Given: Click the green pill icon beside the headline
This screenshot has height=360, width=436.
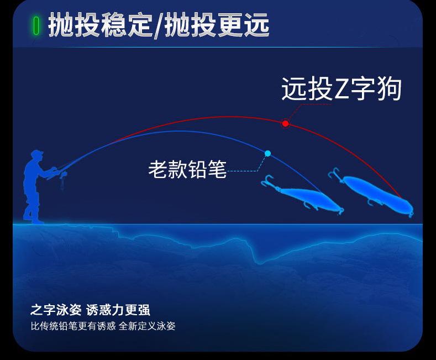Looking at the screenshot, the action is tap(36, 25).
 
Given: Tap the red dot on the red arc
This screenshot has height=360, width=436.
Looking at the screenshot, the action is tap(285, 123).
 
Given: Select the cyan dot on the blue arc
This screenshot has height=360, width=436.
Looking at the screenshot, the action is tap(268, 153).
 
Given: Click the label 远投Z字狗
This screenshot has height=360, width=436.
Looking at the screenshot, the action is tap(342, 88).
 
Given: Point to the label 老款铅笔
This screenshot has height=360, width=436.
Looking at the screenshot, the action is tap(187, 169).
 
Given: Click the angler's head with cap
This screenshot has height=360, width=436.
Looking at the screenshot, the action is tap(37, 155).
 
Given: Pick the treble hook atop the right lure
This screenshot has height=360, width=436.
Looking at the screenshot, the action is tap(335, 174).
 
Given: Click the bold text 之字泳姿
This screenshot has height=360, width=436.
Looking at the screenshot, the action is tap(56, 310).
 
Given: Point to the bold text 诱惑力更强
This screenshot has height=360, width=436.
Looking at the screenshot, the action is tap(118, 310).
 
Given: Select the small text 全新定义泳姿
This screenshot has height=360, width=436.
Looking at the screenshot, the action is tap(147, 326).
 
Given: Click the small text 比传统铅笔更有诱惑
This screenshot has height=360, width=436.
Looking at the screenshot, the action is tap(73, 326).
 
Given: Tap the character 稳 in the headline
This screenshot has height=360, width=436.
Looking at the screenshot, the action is tap(113, 25).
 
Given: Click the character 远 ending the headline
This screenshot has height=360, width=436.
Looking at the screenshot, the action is tap(256, 25).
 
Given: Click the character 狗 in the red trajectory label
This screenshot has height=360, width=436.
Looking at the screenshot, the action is tap(389, 88).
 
